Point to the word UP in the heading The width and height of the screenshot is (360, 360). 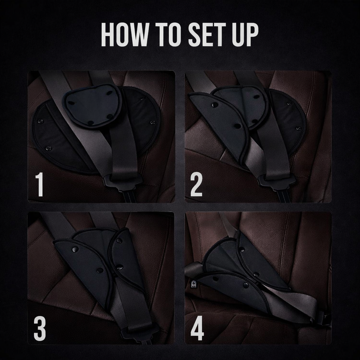pyautogui.click(x=246, y=35)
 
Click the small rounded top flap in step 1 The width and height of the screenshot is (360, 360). pyautogui.click(x=92, y=105)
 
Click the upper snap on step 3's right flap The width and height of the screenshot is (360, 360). pyautogui.click(x=119, y=241)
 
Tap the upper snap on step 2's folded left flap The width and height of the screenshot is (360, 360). pyautogui.click(x=214, y=104)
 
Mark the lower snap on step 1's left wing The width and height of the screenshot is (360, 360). pyautogui.click(x=49, y=148)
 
